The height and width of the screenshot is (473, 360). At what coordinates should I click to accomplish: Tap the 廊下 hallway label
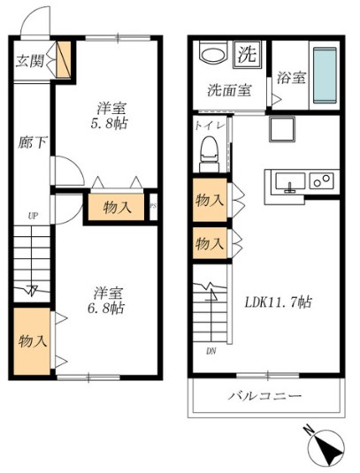pyautogui.click(x=29, y=141)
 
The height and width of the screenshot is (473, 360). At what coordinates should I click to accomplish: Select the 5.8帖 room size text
pyautogui.click(x=111, y=126)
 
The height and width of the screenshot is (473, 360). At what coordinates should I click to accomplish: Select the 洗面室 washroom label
pyautogui.click(x=228, y=90)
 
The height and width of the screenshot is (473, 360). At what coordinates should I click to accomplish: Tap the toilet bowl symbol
pyautogui.click(x=208, y=155)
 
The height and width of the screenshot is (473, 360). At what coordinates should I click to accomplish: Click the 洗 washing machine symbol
pyautogui.click(x=249, y=53)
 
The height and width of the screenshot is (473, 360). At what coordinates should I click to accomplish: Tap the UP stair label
pyautogui.click(x=33, y=215)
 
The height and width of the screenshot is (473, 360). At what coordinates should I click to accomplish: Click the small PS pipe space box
pyautogui.click(x=153, y=207)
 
